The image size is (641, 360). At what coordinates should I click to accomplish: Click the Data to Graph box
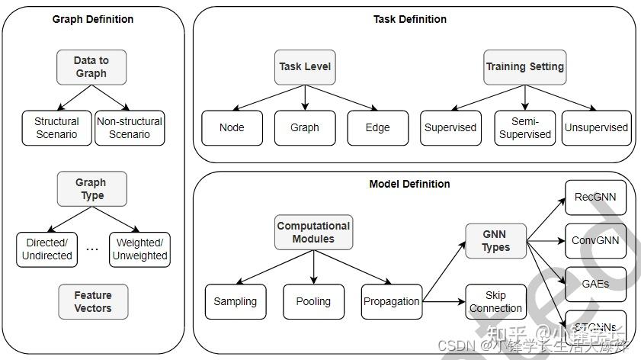click(x=91, y=67)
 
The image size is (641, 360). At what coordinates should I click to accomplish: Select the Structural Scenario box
click(x=56, y=128)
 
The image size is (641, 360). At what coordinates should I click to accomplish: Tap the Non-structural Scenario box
click(x=129, y=128)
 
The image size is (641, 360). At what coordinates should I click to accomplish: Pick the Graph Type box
click(x=91, y=189)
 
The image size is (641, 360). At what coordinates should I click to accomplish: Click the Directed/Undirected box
click(x=46, y=249)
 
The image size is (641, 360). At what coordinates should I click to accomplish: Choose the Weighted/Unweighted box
click(x=139, y=249)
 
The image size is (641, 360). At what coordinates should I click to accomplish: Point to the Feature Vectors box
click(x=92, y=302)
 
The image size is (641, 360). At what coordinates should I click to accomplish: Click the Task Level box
click(x=305, y=67)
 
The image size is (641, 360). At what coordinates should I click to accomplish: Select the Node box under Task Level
click(x=232, y=128)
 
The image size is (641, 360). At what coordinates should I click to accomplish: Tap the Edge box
click(x=377, y=128)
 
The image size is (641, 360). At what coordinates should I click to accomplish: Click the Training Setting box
click(x=524, y=67)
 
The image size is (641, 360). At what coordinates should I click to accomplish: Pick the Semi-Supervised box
click(x=524, y=128)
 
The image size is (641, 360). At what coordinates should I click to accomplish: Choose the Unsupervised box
click(x=596, y=128)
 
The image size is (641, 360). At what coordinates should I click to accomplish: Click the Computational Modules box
click(x=313, y=233)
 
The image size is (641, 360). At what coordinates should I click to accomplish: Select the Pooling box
click(x=313, y=301)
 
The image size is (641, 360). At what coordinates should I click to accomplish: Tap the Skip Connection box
click(x=495, y=302)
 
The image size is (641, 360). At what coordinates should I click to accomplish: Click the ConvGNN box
click(x=595, y=241)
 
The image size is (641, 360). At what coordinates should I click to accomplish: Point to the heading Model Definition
click(x=409, y=184)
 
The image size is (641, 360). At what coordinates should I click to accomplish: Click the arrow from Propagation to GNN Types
click(x=444, y=273)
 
